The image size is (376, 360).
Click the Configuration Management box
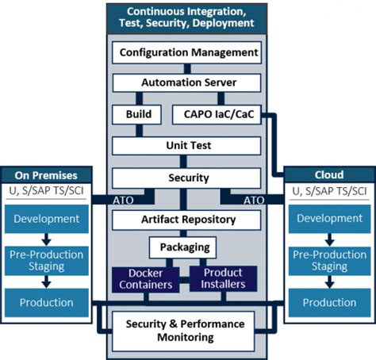pos(188,53)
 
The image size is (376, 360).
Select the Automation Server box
pos(188,82)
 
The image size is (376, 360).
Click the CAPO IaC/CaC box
pos(216,115)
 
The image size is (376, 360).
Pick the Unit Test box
pos(188,147)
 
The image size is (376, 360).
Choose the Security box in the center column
pos(188,178)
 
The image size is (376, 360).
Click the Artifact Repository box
pos(188,219)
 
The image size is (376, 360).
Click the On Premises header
pos(46,174)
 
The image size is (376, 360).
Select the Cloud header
pos(329,174)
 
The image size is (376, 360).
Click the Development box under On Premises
pos(46,218)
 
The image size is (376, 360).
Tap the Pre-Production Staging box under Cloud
pos(329,261)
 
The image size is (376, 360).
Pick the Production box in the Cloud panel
pos(329,303)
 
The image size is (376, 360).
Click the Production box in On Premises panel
pos(46,303)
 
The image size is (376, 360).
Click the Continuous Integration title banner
pos(188,17)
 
